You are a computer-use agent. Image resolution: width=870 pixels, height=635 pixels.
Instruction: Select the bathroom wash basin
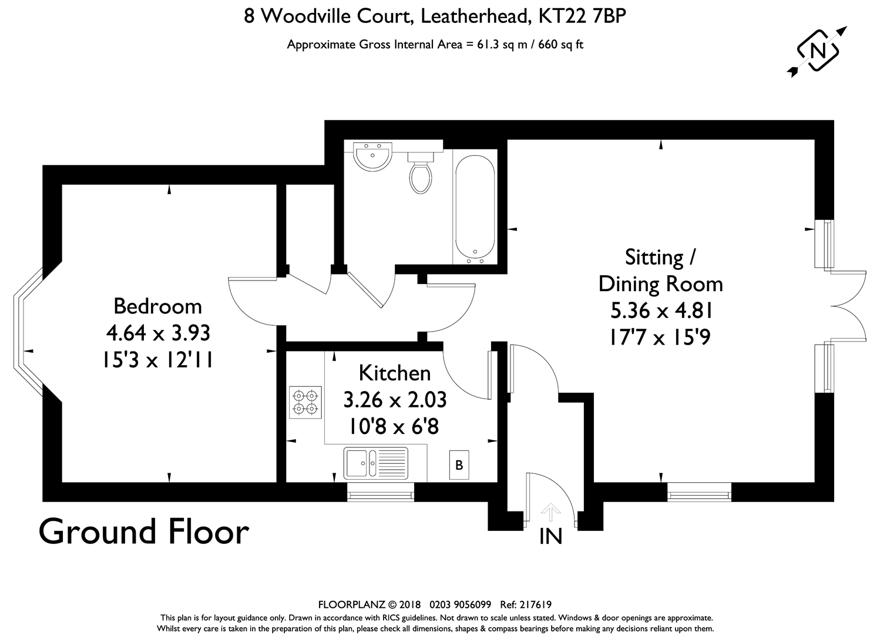click(x=373, y=156)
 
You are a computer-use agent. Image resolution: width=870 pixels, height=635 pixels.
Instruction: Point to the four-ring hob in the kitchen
click(x=305, y=402)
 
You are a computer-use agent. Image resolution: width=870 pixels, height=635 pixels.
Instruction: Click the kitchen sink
click(x=375, y=463)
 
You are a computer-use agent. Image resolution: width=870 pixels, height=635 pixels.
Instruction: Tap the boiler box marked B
click(x=459, y=464)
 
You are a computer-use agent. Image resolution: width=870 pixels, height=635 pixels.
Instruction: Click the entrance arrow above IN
click(x=550, y=512)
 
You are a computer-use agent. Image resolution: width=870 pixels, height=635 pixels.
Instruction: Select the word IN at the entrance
click(x=551, y=536)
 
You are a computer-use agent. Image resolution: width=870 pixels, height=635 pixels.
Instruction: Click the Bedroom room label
click(x=157, y=306)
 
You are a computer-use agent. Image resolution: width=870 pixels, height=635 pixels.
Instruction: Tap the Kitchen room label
click(x=395, y=373)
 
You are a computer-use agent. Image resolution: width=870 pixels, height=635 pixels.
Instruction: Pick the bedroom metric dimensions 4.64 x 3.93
click(x=158, y=333)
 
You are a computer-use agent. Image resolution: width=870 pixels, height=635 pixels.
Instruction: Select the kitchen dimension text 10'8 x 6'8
click(x=394, y=427)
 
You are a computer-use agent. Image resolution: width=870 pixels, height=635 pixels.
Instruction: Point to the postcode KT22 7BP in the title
click(x=582, y=16)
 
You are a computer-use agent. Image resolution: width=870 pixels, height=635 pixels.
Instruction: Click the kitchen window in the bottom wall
click(x=381, y=492)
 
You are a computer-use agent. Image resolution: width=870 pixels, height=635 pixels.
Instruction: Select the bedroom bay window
click(x=28, y=332)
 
